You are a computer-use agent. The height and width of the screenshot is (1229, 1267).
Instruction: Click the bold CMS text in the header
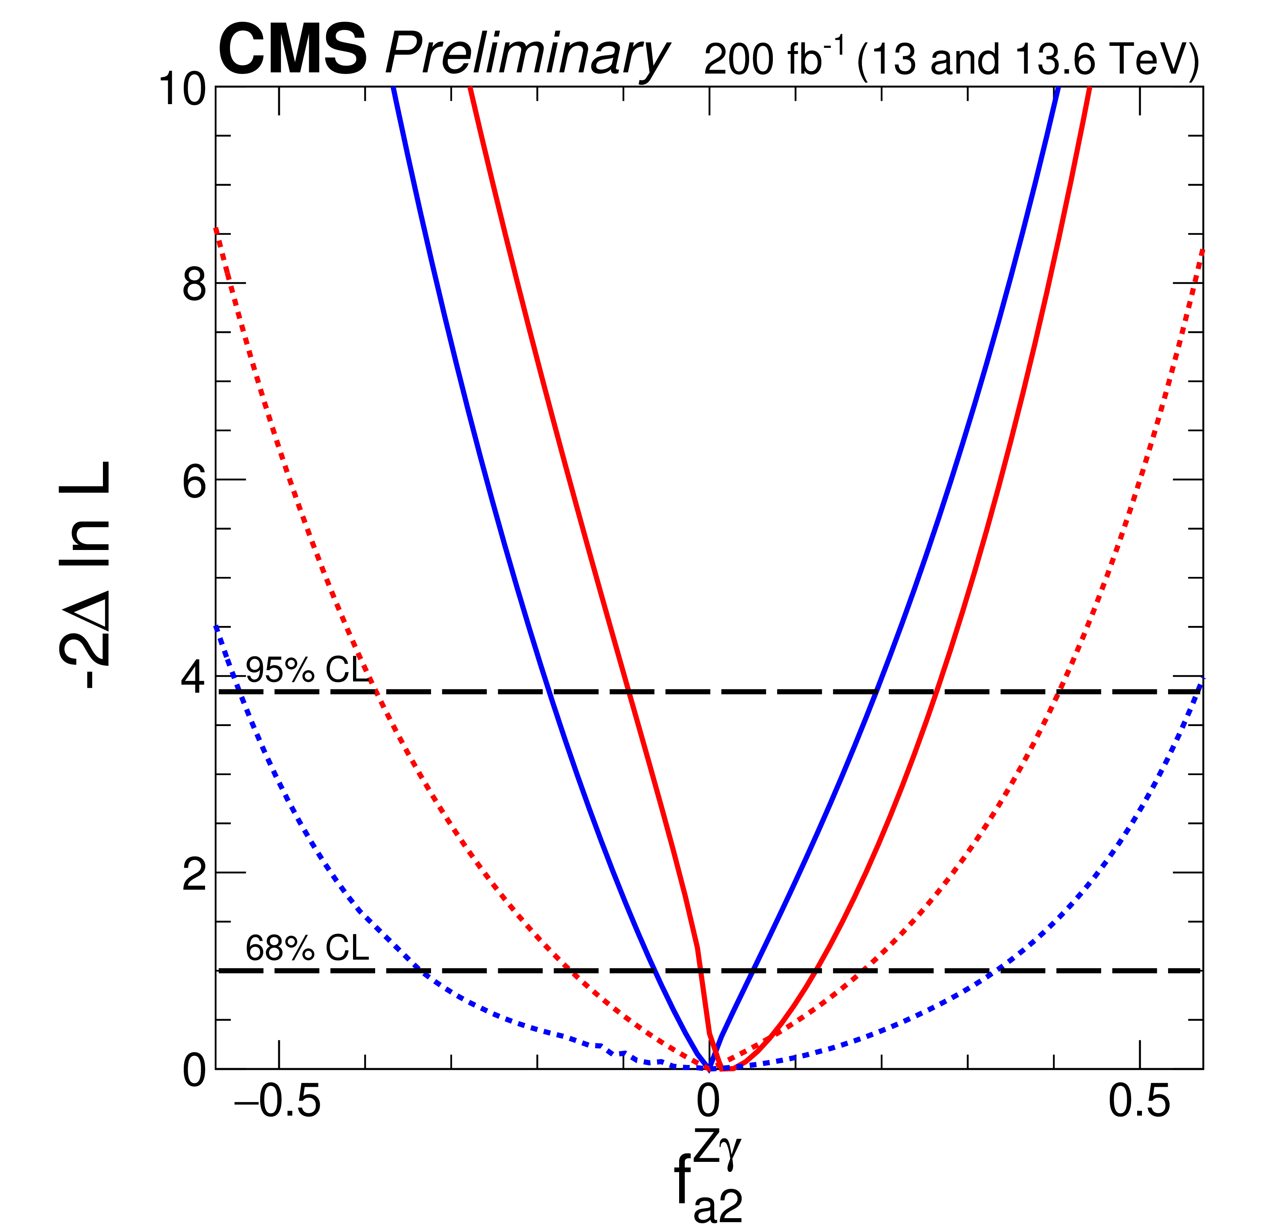(x=292, y=50)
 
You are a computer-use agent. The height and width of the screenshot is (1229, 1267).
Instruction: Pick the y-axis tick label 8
(x=194, y=284)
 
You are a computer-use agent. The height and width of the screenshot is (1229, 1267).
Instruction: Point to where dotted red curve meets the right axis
(x=1202, y=249)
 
